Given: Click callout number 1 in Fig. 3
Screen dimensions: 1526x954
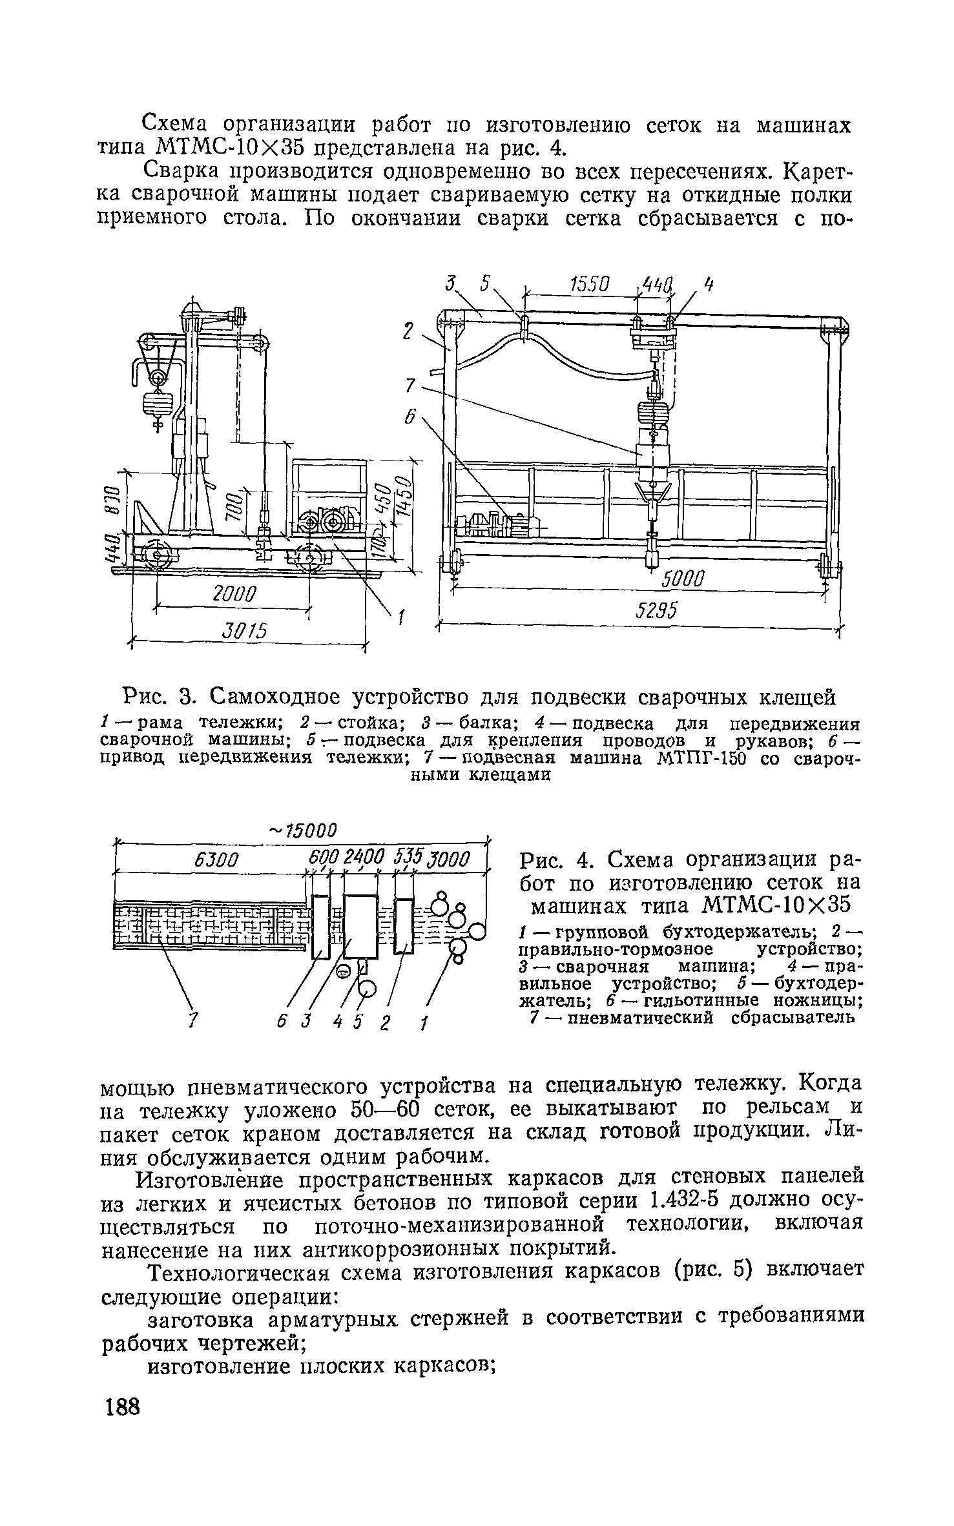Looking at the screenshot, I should click(x=400, y=619).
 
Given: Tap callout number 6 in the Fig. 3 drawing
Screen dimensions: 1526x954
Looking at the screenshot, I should click(x=408, y=418).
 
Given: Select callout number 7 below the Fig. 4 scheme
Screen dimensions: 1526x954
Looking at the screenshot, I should click(x=191, y=1022).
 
